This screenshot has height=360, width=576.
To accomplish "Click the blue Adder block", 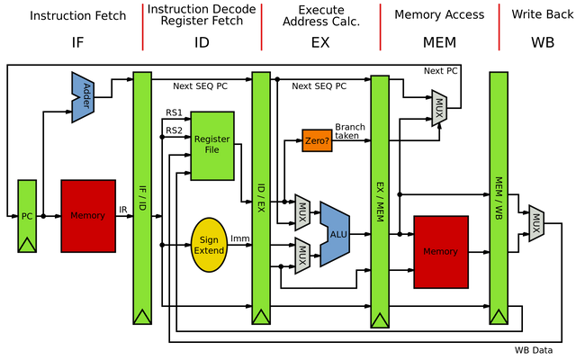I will (83, 96).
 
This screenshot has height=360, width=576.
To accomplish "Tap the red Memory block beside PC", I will (88, 216).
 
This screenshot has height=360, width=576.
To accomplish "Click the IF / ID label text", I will (142, 198).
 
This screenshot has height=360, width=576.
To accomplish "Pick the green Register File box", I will (212, 145).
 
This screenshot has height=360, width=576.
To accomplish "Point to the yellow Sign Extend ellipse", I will (209, 245).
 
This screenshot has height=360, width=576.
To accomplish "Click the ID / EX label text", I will (261, 198).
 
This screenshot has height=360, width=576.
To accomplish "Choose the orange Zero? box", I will (317, 140).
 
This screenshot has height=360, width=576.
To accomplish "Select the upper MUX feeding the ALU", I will (302, 212).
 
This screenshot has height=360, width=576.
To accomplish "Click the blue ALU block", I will (336, 234).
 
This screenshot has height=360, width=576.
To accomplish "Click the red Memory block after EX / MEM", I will (441, 252).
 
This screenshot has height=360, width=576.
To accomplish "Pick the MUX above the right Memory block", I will (439, 109).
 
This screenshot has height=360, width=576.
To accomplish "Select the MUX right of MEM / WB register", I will (536, 224).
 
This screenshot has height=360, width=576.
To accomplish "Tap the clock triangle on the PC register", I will (27, 244).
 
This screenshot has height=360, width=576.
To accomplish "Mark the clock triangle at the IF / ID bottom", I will (142, 316).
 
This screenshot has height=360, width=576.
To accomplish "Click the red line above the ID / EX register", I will (261, 27).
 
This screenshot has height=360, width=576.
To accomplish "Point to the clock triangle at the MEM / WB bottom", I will (499, 316).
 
